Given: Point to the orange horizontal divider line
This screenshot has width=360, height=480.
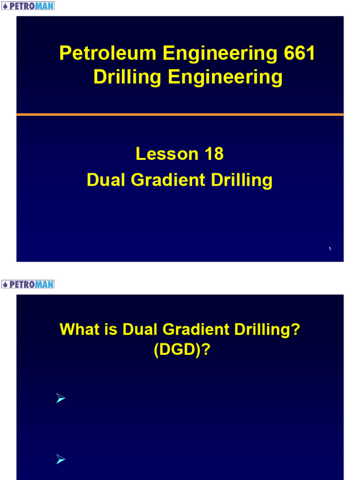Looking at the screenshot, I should point(180,114).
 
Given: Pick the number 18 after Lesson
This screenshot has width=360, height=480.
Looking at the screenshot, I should point(213,154).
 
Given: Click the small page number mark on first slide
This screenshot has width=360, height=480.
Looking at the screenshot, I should point(330,249).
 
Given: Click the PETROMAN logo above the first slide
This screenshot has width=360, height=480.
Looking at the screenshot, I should point(28,6).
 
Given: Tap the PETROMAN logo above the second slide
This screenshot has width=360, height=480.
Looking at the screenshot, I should point(28,285).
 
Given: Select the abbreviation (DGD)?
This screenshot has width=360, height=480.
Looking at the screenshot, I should point(180,350).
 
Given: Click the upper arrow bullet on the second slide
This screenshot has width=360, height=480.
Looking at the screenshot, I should point(60,399).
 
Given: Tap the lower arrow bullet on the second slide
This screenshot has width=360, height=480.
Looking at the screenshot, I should point(60,461).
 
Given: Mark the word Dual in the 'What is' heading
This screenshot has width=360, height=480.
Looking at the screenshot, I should point(140,330).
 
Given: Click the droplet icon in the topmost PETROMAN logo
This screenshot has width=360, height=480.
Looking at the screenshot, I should point(5,6).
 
